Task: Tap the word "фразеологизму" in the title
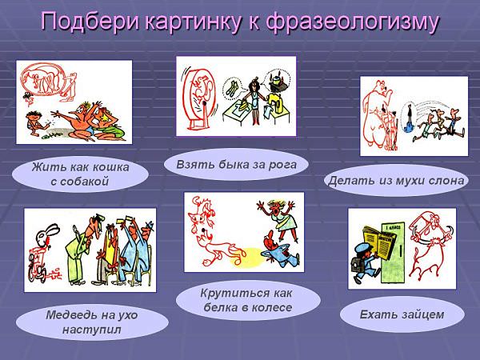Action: [353, 22]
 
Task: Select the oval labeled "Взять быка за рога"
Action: [236, 165]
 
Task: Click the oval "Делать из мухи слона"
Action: [396, 181]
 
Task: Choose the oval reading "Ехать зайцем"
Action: [402, 314]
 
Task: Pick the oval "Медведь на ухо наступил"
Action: [92, 322]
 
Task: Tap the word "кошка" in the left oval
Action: [111, 167]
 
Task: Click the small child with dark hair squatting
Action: [34, 123]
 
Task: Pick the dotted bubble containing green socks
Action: [232, 87]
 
